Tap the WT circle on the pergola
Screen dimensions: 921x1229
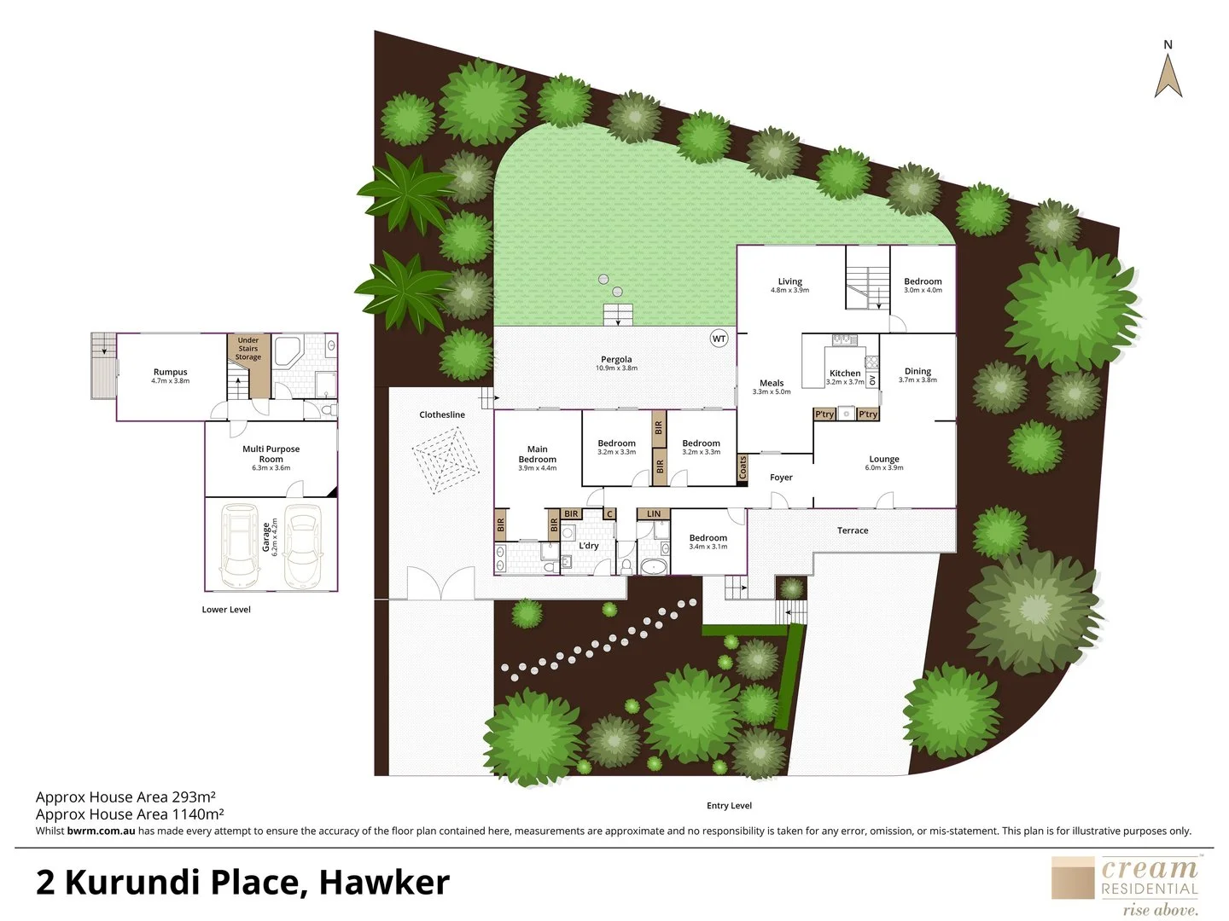pos(719,339)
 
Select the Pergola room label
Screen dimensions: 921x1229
pos(616,360)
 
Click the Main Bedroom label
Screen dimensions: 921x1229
pos(537,455)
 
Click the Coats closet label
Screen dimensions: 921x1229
pos(743,467)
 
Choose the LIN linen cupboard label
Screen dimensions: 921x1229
pos(654,514)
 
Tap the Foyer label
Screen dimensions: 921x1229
pos(781,478)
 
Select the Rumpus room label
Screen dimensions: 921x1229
pos(170,372)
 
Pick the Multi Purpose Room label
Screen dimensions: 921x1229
pos(271,454)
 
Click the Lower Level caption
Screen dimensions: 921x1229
pos(226,610)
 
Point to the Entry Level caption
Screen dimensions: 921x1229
pos(729,805)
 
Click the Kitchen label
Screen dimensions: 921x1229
pos(845,374)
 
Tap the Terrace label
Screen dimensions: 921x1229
pos(852,530)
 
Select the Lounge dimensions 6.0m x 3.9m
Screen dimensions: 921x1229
pos(884,468)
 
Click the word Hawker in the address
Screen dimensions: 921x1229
pos(383,882)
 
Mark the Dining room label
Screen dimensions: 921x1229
pos(917,371)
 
